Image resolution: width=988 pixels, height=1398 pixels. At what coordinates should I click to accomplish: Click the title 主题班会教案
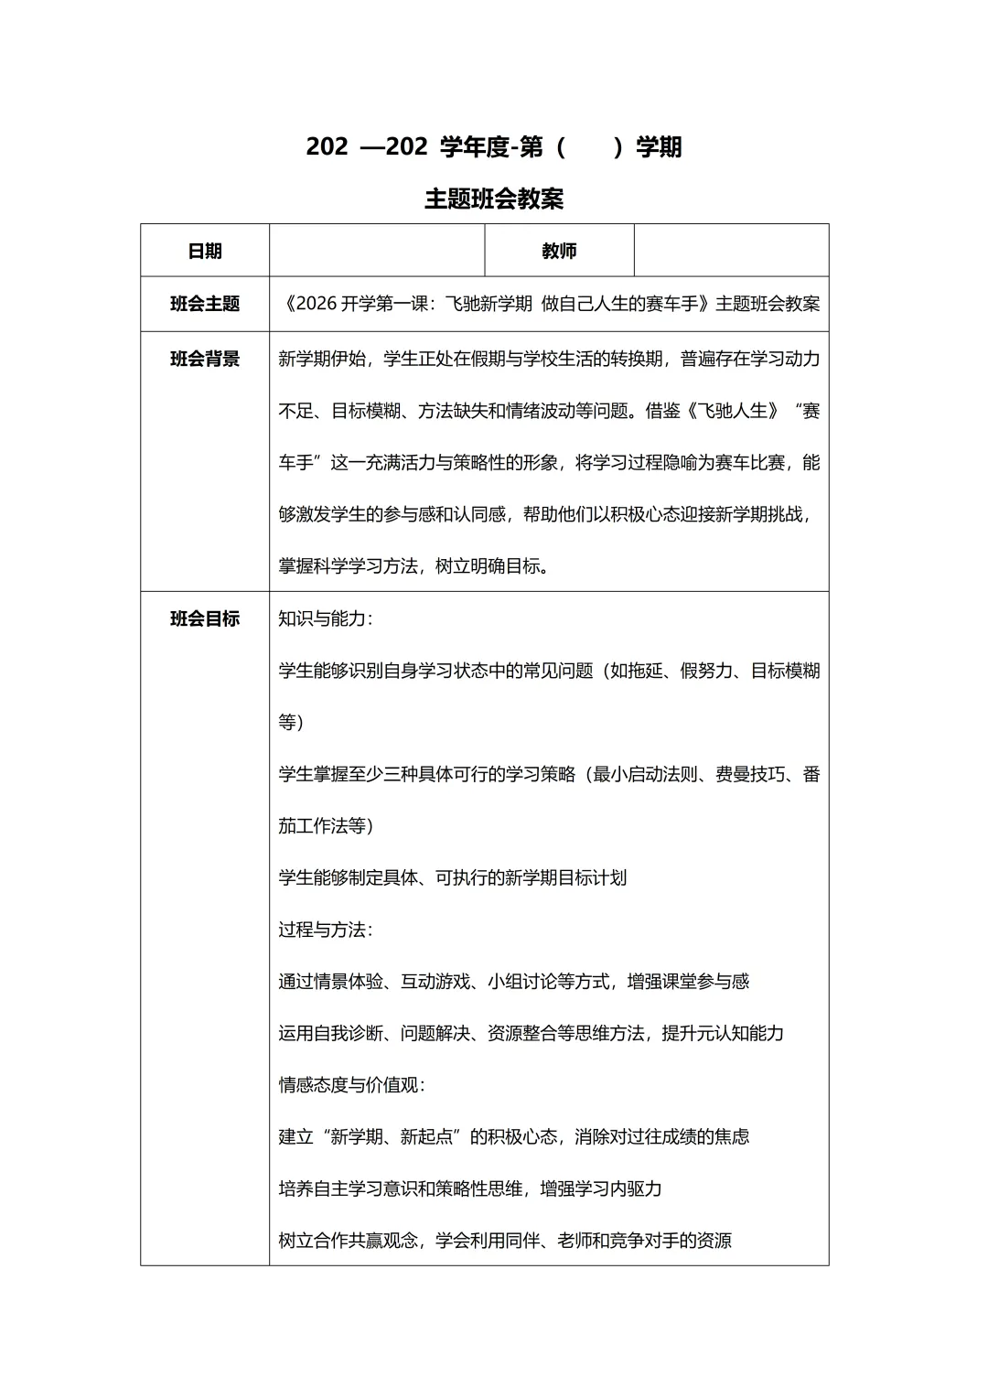tap(494, 199)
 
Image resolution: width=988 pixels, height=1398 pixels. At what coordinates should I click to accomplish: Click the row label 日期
tap(205, 251)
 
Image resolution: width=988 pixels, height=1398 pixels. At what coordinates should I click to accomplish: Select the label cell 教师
tap(559, 251)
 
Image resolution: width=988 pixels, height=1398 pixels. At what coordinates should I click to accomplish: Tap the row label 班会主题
tap(205, 304)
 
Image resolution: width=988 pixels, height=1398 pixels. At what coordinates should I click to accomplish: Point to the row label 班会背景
tap(205, 359)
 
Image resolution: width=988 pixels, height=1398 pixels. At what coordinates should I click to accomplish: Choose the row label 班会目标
tap(205, 618)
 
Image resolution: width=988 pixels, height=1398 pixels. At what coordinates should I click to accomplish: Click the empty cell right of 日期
tap(377, 251)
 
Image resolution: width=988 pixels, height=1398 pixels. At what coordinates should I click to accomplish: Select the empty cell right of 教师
tap(731, 251)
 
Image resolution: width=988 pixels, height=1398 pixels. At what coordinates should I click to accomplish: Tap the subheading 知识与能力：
tap(326, 618)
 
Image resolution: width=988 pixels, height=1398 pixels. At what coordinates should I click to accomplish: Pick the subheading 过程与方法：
tap(326, 930)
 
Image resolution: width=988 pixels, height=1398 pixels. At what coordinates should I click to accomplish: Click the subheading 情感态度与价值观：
tap(352, 1085)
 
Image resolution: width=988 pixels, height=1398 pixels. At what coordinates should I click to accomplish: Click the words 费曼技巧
tap(749, 774)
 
